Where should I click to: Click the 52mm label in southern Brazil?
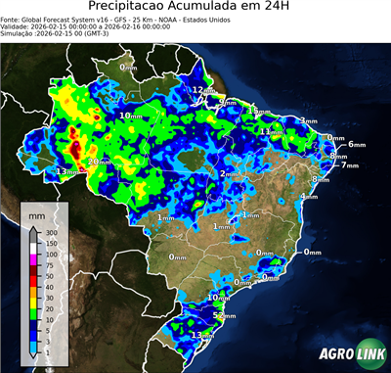click(225, 317)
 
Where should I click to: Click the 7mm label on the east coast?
click(350, 165)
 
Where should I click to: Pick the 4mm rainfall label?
click(309, 196)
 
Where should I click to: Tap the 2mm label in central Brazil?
click(230, 173)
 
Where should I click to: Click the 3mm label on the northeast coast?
click(309, 120)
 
